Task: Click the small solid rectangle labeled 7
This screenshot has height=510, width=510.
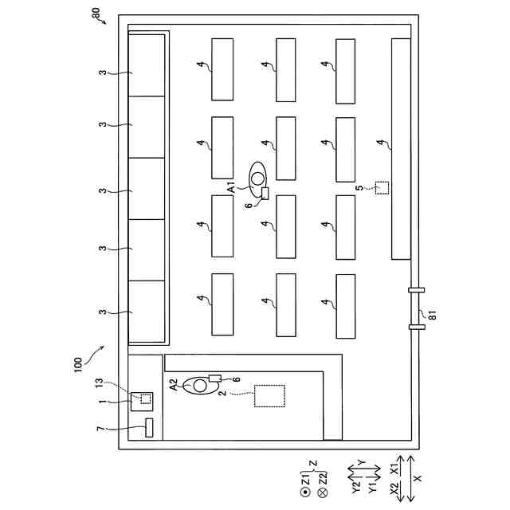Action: pyautogui.click(x=148, y=428)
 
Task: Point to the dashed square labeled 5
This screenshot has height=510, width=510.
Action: pyautogui.click(x=382, y=188)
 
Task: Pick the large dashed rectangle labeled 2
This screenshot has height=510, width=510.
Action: pyautogui.click(x=269, y=396)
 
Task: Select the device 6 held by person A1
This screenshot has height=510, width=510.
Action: pyautogui.click(x=265, y=194)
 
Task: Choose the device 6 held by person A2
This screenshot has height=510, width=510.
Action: pyautogui.click(x=214, y=377)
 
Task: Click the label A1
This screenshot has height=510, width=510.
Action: pyautogui.click(x=232, y=187)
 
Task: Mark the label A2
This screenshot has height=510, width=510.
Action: pyautogui.click(x=175, y=384)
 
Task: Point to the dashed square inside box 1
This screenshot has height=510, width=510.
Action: pyautogui.click(x=145, y=398)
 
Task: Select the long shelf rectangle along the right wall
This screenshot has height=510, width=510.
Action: pyautogui.click(x=401, y=148)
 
